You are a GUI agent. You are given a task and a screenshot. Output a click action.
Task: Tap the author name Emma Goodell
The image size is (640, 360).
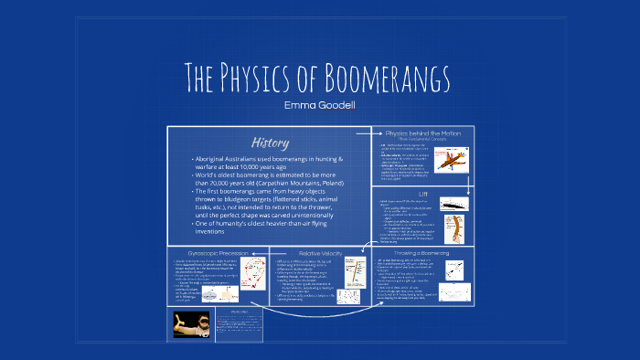pyautogui.click(x=319, y=107)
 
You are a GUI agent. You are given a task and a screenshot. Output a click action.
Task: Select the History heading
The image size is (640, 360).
pyautogui.click(x=270, y=143)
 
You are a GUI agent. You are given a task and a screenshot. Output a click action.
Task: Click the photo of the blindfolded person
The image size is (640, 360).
pyautogui.click(x=189, y=325)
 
